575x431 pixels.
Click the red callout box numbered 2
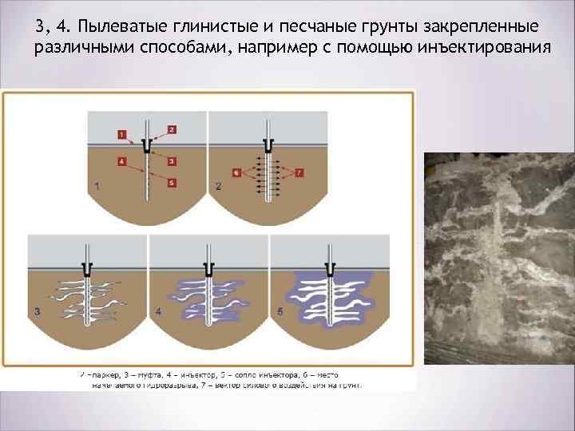coord(172,129)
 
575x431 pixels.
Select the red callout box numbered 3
coord(172,160)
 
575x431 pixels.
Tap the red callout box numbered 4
coord(121,160)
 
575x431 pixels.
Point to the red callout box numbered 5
coord(172,183)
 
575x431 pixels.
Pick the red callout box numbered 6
coord(236,172)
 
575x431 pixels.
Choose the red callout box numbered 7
coord(299,172)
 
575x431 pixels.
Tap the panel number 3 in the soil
coord(36,310)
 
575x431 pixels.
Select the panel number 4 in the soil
coord(157,310)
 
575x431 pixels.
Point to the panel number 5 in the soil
coord(278,310)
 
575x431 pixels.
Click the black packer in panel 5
coord(330,267)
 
